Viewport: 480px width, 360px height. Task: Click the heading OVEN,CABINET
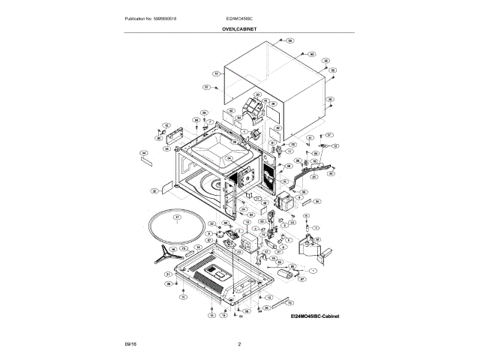pyautogui.click(x=241, y=28)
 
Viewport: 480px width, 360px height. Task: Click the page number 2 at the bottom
pyautogui.click(x=239, y=344)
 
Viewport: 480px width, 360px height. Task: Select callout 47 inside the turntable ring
pyautogui.click(x=177, y=218)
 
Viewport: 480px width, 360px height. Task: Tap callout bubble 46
pyautogui.click(x=178, y=249)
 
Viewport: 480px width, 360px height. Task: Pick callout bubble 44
pyautogui.click(x=142, y=153)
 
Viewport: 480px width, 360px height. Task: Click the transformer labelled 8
pyautogui.click(x=286, y=202)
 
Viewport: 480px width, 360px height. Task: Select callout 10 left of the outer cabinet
pyautogui.click(x=216, y=73)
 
